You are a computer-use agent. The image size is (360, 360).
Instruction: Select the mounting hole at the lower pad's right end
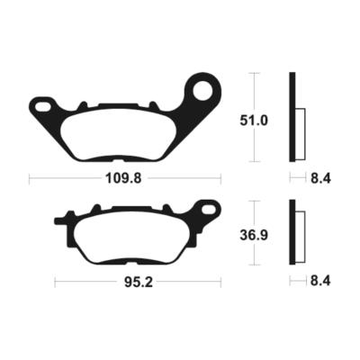pyautogui.click(x=209, y=211)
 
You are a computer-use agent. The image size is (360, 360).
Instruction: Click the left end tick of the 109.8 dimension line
pyautogui.click(x=30, y=179)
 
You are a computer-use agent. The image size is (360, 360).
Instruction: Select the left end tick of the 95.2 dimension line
pyautogui.click(x=54, y=283)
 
